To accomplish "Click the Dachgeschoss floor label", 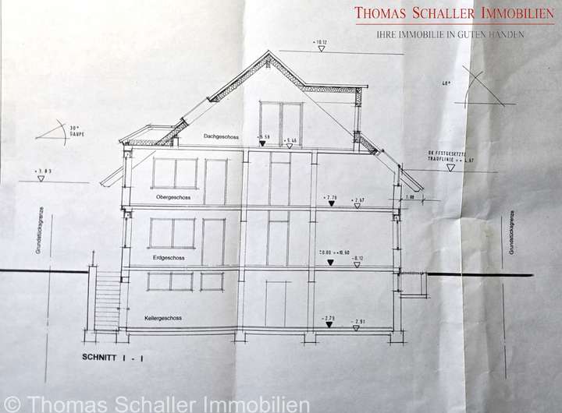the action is pos(220,137).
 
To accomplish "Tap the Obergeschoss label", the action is pos(174,196).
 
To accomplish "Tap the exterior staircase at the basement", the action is pos(107,299).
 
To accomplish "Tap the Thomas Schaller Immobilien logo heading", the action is pos(454,13).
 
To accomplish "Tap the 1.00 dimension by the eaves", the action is pos(412,197).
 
